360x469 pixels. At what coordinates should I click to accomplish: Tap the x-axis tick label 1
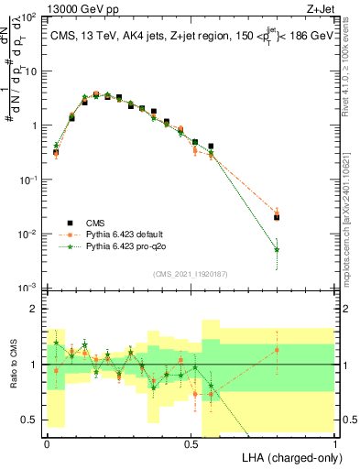tap(334, 442)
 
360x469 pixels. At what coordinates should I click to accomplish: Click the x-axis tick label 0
tap(47, 442)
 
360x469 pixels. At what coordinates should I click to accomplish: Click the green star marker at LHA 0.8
tap(277, 249)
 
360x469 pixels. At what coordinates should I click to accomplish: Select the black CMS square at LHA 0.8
tap(277, 217)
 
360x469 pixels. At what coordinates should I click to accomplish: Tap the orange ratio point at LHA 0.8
tap(277, 350)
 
